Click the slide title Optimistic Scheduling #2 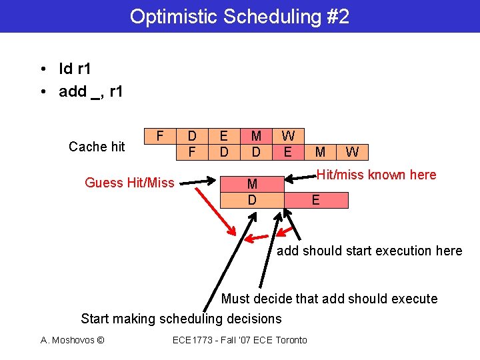pyautogui.click(x=239, y=17)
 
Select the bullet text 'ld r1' pyautogui.click(x=75, y=69)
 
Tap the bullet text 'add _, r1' pyautogui.click(x=91, y=91)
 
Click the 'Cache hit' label pyautogui.click(x=97, y=147)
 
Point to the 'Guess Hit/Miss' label pyautogui.click(x=129, y=183)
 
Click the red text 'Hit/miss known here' pyautogui.click(x=376, y=175)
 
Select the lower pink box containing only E pyautogui.click(x=315, y=200)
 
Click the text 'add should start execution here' pyautogui.click(x=369, y=251)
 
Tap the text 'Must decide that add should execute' pyautogui.click(x=329, y=299)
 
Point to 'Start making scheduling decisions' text pyautogui.click(x=181, y=319)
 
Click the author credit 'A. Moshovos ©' pyautogui.click(x=72, y=340)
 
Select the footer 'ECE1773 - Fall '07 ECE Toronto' pyautogui.click(x=240, y=340)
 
